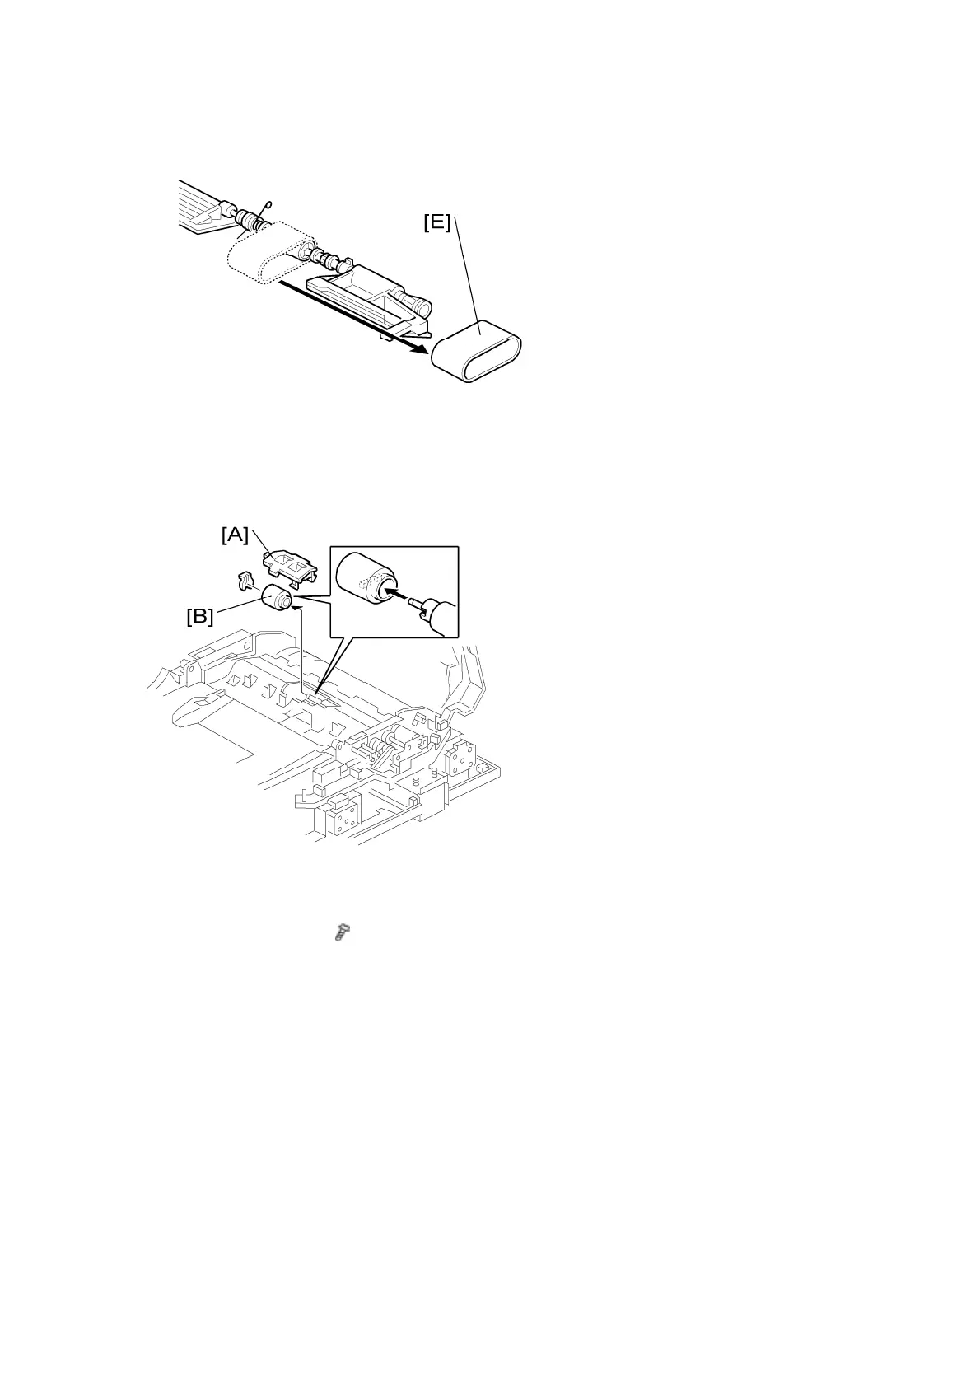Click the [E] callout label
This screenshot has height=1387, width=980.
click(437, 222)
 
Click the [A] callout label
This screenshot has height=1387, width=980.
click(235, 535)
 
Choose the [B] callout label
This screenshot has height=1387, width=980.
click(200, 615)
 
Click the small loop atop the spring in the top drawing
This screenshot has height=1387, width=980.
click(266, 208)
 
